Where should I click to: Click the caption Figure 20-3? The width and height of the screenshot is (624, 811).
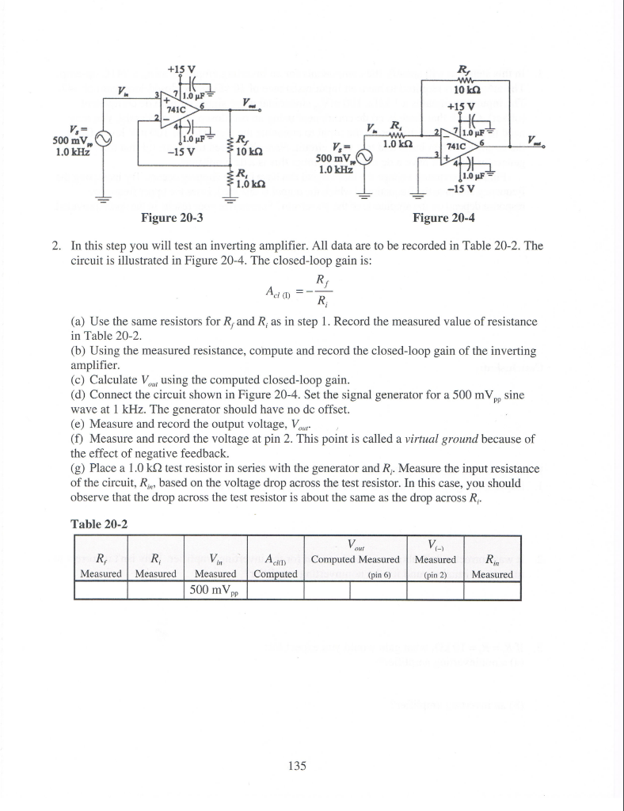coord(171,217)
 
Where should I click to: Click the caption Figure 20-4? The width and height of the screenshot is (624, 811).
coord(445,217)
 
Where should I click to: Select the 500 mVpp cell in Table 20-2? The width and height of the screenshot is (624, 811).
coord(216,590)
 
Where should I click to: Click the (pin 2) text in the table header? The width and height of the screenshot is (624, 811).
coord(435,575)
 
